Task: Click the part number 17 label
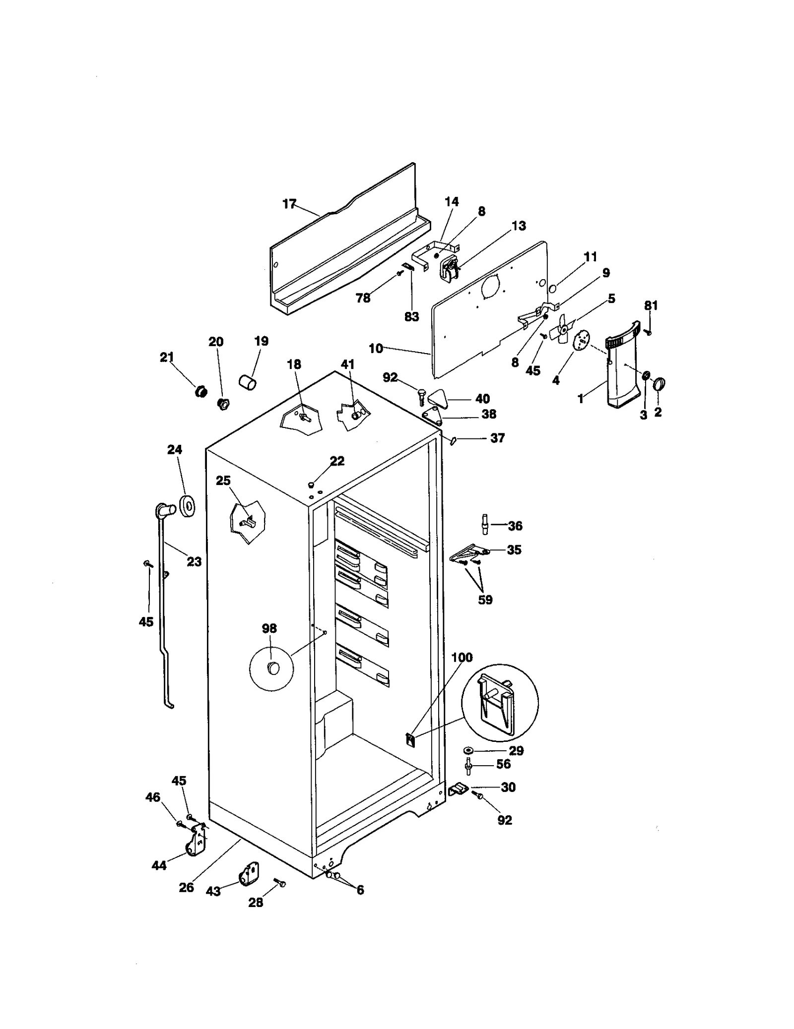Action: pyautogui.click(x=289, y=204)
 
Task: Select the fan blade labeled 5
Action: pyautogui.click(x=563, y=328)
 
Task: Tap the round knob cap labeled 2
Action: pyautogui.click(x=659, y=384)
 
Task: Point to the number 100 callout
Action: pyautogui.click(x=462, y=658)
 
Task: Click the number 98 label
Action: pyautogui.click(x=269, y=628)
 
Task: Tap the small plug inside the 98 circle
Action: pyautogui.click(x=273, y=667)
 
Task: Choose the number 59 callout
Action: pyautogui.click(x=485, y=600)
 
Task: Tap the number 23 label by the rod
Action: pyautogui.click(x=194, y=561)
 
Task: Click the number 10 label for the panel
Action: pyautogui.click(x=376, y=349)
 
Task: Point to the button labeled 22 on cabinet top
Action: pyautogui.click(x=312, y=484)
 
